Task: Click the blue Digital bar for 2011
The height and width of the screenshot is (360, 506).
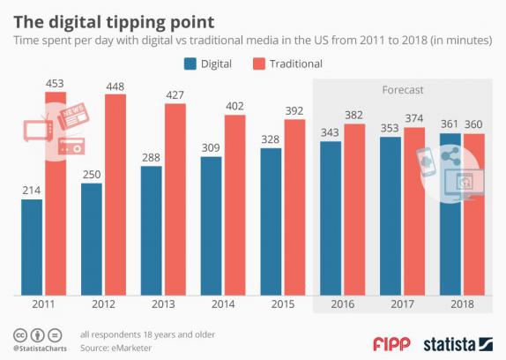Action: pyautogui.click(x=32, y=247)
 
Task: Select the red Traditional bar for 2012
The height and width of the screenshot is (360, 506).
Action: pyautogui.click(x=115, y=195)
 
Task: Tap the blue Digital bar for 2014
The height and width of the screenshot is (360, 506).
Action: pyautogui.click(x=211, y=226)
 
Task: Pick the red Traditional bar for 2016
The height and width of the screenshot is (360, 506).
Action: pyautogui.click(x=354, y=209)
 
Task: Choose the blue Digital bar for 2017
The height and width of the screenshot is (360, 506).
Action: pyautogui.click(x=391, y=216)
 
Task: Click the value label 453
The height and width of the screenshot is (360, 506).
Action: pyautogui.click(x=55, y=84)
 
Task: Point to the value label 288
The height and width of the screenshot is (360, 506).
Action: pyautogui.click(x=151, y=158)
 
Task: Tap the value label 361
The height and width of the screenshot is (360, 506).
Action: pyautogui.click(x=450, y=124)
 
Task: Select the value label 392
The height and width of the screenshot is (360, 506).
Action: pyautogui.click(x=294, y=111)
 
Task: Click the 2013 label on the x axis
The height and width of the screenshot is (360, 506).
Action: pyautogui.click(x=163, y=304)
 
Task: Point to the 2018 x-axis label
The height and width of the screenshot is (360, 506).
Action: pyautogui.click(x=462, y=304)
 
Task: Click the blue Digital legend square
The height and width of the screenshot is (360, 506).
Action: pyautogui.click(x=190, y=64)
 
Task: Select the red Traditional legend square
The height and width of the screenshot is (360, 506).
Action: pyautogui.click(x=259, y=64)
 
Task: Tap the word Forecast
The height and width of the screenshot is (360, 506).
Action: pyautogui.click(x=403, y=90)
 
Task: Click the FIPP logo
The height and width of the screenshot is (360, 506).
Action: pyautogui.click(x=391, y=344)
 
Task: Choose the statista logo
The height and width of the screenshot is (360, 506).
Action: pyautogui.click(x=458, y=344)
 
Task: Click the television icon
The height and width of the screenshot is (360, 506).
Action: pyautogui.click(x=38, y=129)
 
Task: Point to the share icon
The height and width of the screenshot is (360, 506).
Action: pyautogui.click(x=450, y=156)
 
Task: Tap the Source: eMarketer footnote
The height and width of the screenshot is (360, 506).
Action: pyautogui.click(x=115, y=348)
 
